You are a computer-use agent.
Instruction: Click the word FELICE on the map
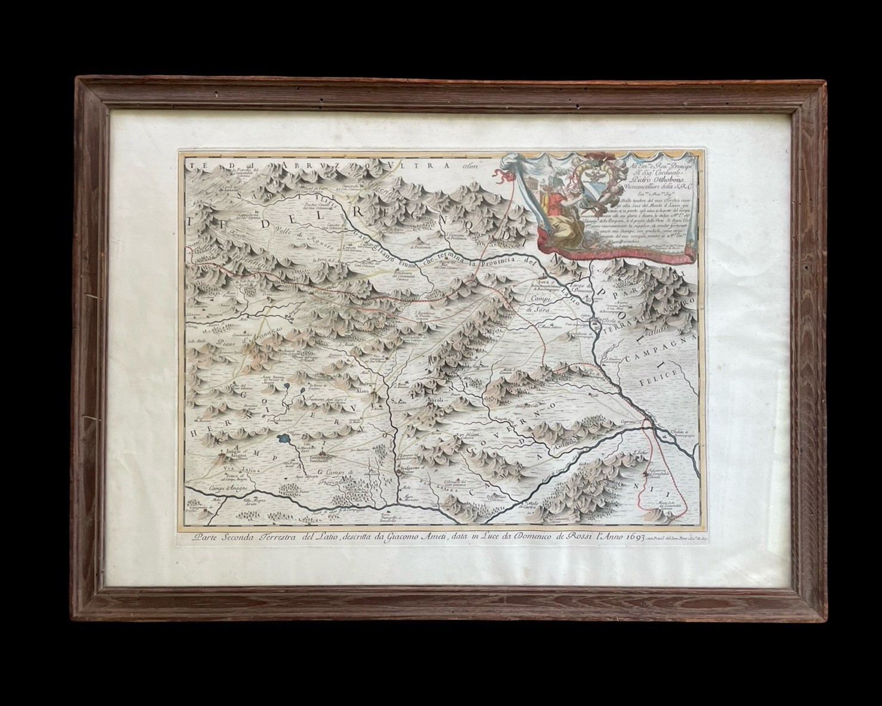coord(659,376)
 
